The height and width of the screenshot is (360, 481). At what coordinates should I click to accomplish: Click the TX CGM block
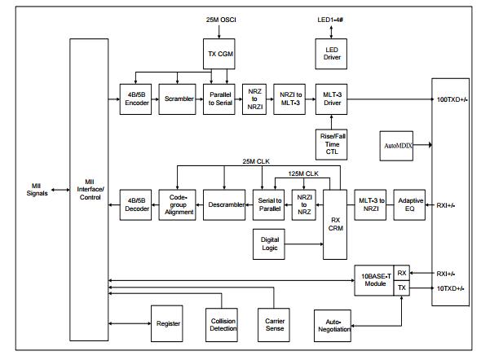coord(219,54)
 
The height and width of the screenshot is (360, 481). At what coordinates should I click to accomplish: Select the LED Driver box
coord(331,54)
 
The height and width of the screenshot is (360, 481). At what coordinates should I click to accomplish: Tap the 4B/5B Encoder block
coord(135,99)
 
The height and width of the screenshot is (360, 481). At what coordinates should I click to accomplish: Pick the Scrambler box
coord(177,99)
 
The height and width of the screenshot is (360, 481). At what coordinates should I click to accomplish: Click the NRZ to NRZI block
coord(254,99)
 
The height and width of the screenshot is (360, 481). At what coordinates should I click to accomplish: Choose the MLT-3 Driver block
coord(331,99)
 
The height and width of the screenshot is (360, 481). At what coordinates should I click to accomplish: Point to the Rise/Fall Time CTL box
coord(332,145)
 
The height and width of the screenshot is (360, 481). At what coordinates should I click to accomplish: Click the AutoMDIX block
coord(396,146)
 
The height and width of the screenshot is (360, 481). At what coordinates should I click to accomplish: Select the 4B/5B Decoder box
coord(135,204)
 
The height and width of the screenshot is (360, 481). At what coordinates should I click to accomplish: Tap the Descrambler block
coord(224,204)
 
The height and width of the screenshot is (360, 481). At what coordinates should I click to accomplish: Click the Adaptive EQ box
coord(409,204)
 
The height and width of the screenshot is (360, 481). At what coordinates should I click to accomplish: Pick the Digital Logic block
coord(269,244)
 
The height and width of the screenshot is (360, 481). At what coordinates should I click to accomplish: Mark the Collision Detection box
coord(222,325)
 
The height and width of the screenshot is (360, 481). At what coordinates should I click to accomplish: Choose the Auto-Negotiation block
coord(333,326)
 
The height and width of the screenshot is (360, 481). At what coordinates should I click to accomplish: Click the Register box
coord(167,323)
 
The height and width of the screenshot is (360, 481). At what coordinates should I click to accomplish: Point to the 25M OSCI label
coord(221,20)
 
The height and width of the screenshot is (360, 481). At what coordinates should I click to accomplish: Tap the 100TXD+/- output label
coord(452,99)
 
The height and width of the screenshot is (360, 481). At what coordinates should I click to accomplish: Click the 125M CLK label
coord(303,173)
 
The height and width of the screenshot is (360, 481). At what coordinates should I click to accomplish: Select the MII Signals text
coord(37,190)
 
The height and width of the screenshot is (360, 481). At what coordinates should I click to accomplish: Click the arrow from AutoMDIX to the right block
coord(422,145)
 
